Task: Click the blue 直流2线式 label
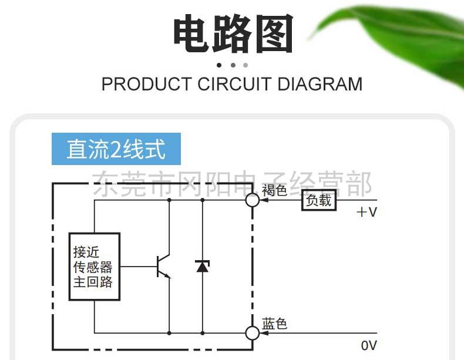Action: [116, 149]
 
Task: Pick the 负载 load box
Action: [319, 201]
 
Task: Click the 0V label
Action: [369, 345]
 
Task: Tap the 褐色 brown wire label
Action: [274, 190]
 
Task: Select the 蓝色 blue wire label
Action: [274, 324]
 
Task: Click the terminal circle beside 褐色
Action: [253, 200]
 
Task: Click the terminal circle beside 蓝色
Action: [253, 333]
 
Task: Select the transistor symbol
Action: [163, 267]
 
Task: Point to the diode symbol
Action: [202, 267]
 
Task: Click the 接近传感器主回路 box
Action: [94, 267]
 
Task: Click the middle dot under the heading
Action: [233, 65]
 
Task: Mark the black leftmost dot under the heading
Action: [220, 65]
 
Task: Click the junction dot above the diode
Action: [202, 200]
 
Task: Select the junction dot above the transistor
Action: [169, 200]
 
